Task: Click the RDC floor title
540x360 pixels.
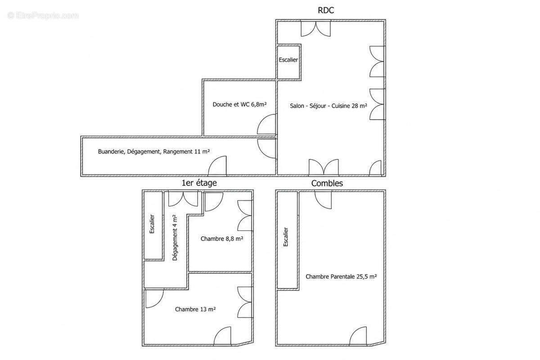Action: [x=326, y=10]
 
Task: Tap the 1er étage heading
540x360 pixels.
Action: [x=199, y=183]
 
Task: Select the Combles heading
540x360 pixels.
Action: [x=327, y=183]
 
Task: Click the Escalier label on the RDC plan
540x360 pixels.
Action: [x=288, y=60]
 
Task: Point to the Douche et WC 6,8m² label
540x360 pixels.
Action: [x=239, y=104]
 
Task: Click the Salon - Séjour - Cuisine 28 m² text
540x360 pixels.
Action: [x=328, y=106]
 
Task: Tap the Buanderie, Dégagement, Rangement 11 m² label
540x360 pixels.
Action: [x=154, y=152]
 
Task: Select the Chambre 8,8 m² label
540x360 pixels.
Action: [x=222, y=238]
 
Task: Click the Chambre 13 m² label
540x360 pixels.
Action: [x=195, y=309]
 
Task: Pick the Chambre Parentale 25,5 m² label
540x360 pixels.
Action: [x=341, y=277]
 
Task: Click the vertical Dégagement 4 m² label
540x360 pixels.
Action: [x=175, y=238]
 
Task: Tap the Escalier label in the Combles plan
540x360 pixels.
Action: [x=286, y=237]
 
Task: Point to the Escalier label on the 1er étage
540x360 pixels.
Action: [x=152, y=224]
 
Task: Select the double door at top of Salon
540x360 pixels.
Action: [x=316, y=29]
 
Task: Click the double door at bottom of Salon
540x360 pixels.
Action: [x=324, y=166]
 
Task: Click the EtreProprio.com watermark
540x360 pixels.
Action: [x=43, y=16]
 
